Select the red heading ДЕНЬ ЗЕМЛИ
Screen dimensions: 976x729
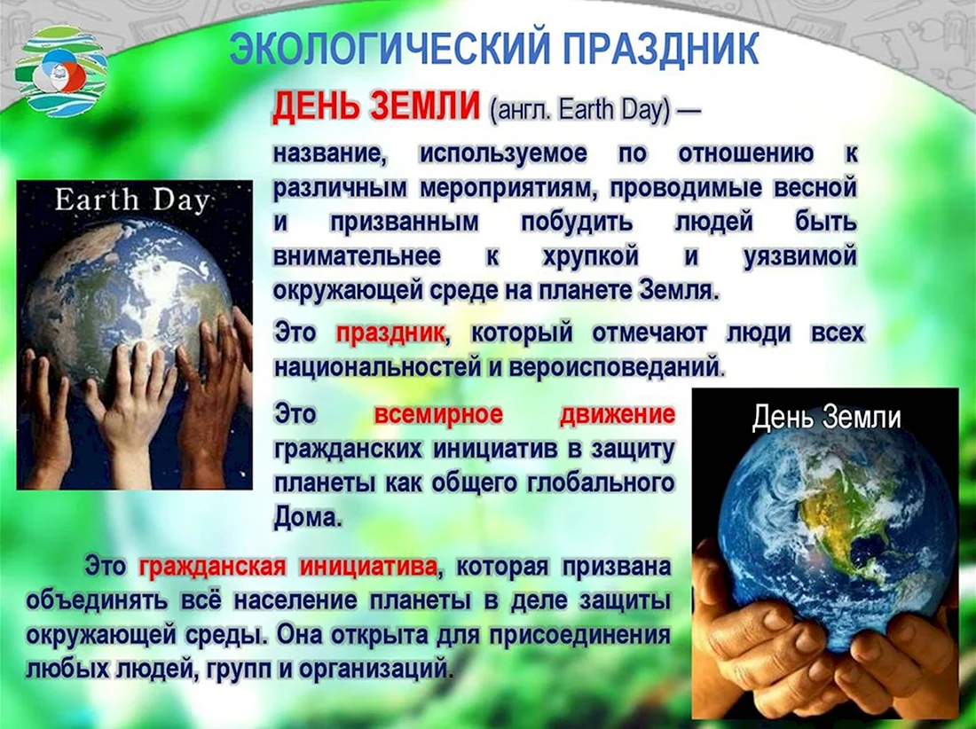pos(376,107)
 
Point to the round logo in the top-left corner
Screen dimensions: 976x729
pos(61,71)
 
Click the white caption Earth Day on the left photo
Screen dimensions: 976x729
pos(132,200)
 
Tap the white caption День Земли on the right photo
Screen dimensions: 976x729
pos(826,418)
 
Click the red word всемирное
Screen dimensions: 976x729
pos(438,414)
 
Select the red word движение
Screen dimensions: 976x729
pos(617,414)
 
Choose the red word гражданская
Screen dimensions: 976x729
pos(212,568)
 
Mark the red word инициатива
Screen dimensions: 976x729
pos(368,568)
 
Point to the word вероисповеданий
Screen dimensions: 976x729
pos(614,368)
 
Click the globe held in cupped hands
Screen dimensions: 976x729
pos(837,540)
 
